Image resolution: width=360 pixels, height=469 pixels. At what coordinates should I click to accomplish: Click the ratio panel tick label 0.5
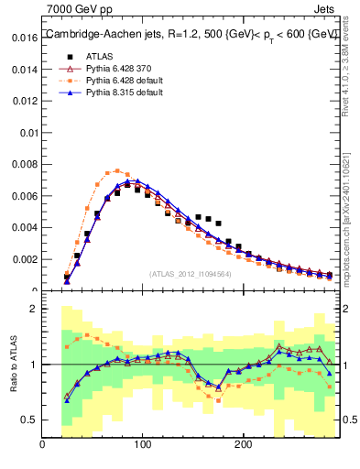(x=27, y=420)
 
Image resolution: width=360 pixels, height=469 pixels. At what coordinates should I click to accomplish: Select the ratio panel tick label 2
(x=33, y=309)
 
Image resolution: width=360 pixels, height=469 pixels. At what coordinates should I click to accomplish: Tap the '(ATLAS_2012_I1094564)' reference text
(x=190, y=273)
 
